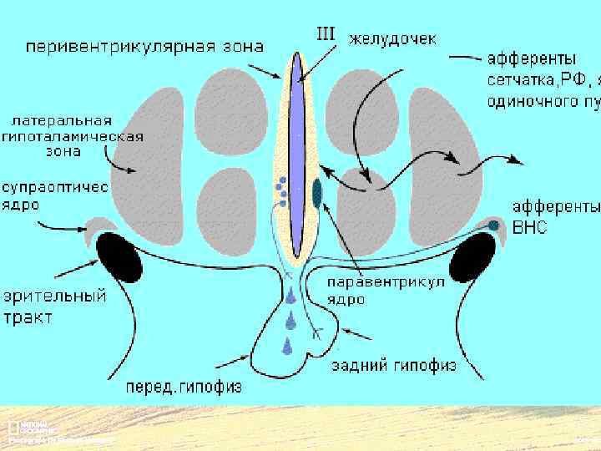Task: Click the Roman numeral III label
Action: (x=326, y=34)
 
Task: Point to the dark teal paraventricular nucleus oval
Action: (x=317, y=192)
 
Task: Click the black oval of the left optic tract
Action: (x=120, y=257)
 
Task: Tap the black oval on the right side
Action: (x=473, y=259)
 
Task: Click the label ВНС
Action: (x=530, y=226)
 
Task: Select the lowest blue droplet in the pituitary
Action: (x=289, y=344)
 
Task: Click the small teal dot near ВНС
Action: (x=493, y=225)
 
